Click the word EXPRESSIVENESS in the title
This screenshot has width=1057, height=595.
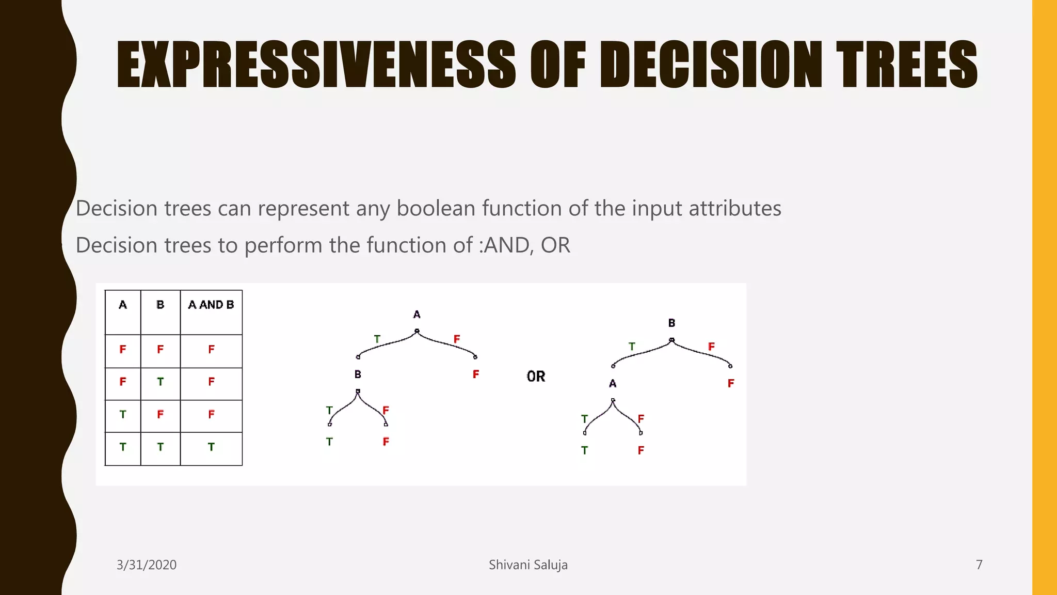tap(316, 65)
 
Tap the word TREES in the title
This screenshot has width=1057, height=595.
tap(906, 65)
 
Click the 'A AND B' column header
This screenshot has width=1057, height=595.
tap(211, 305)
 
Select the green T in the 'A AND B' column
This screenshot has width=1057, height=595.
tap(211, 447)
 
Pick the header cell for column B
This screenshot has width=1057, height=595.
tap(161, 305)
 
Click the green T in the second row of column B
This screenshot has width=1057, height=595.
tap(161, 382)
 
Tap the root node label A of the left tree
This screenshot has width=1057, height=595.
tap(417, 315)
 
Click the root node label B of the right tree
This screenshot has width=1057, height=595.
tap(671, 323)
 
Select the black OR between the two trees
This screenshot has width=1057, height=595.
tap(536, 377)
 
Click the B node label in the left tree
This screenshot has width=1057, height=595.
tap(358, 374)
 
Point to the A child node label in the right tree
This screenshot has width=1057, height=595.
tap(613, 383)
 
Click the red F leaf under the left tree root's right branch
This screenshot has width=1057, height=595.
tap(476, 374)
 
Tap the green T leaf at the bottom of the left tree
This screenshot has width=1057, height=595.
tap(329, 442)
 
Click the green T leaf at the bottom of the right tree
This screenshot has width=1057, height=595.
tap(584, 450)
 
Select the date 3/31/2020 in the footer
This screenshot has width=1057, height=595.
tap(147, 565)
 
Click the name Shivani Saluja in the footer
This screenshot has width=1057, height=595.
tap(528, 565)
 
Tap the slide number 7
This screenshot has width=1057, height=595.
tap(979, 565)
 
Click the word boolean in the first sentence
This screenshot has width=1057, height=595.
tap(436, 209)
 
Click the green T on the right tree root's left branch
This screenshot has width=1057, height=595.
tap(632, 347)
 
